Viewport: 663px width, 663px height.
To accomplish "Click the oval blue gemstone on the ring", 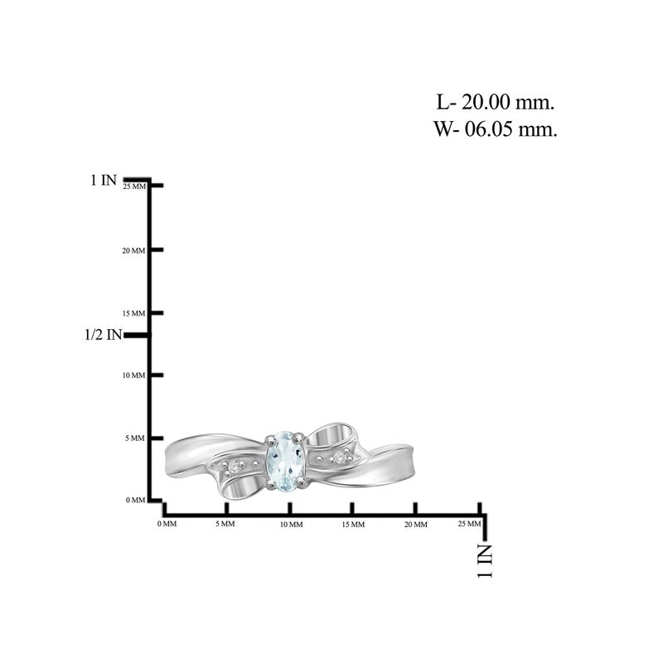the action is point(285,461).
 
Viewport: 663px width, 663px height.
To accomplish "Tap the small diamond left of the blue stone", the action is point(233,467).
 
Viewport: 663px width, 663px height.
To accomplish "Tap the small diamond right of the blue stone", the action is point(340,457).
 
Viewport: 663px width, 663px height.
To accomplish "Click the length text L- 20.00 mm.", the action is point(495,102).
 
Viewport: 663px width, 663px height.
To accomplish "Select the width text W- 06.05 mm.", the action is point(495,128).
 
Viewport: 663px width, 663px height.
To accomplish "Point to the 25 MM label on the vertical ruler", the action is point(134,186).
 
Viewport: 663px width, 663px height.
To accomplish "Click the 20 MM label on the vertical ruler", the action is point(133,251).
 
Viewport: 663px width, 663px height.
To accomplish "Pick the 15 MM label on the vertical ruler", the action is point(133,313).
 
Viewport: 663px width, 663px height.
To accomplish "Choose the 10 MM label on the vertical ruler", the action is point(133,375).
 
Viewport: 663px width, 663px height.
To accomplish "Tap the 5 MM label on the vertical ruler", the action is point(135,438).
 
